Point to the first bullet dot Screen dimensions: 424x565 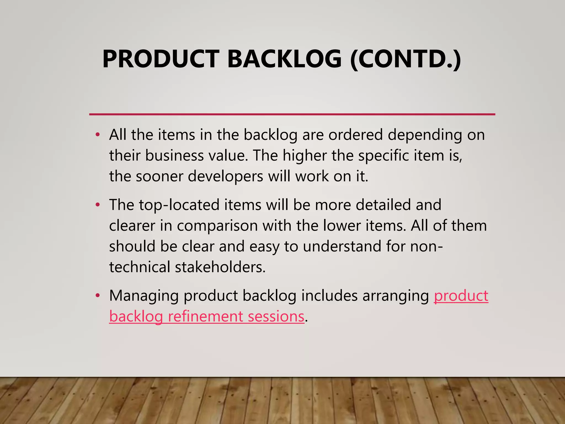point(97,135)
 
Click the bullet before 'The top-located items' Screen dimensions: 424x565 point(97,205)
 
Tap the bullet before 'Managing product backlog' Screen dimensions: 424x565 point(97,296)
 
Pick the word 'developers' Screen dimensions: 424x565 point(225,176)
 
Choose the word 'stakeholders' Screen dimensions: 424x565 point(220,267)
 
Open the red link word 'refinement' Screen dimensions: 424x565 point(205,316)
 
